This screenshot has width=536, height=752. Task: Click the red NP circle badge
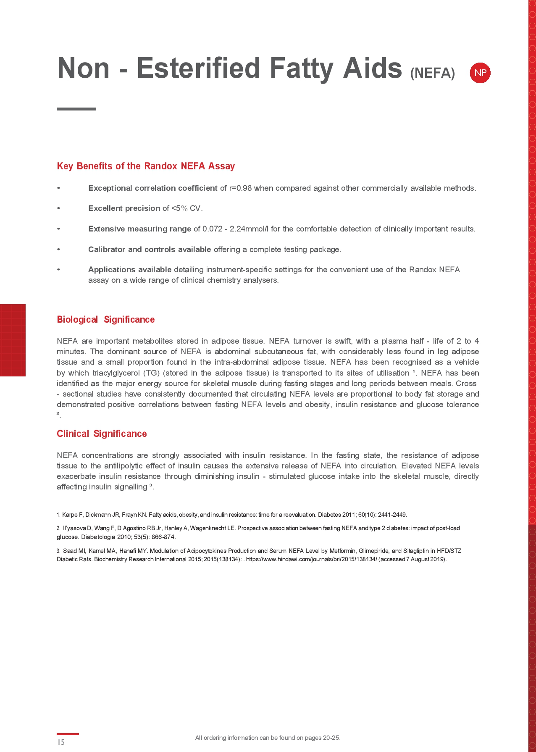tap(480, 73)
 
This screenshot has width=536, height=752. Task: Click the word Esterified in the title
tap(198, 68)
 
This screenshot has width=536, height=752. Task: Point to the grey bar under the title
tap(76, 109)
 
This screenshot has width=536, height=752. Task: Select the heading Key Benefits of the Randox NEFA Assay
tap(146, 166)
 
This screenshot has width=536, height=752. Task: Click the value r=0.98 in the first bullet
tap(240, 188)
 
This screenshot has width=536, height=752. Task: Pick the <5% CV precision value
tap(187, 208)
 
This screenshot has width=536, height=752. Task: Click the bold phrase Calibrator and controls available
tap(149, 250)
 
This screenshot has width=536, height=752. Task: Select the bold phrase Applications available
tap(129, 270)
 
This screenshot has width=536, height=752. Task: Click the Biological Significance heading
tap(105, 320)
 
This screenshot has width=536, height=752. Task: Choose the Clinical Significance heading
tap(102, 434)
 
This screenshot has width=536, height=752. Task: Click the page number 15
tap(61, 742)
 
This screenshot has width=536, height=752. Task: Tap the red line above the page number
tap(68, 734)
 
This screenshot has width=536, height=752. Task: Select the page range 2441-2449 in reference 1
tap(392, 515)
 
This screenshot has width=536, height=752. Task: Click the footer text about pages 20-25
tap(268, 738)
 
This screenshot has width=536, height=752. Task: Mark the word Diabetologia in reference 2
tap(98, 537)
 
